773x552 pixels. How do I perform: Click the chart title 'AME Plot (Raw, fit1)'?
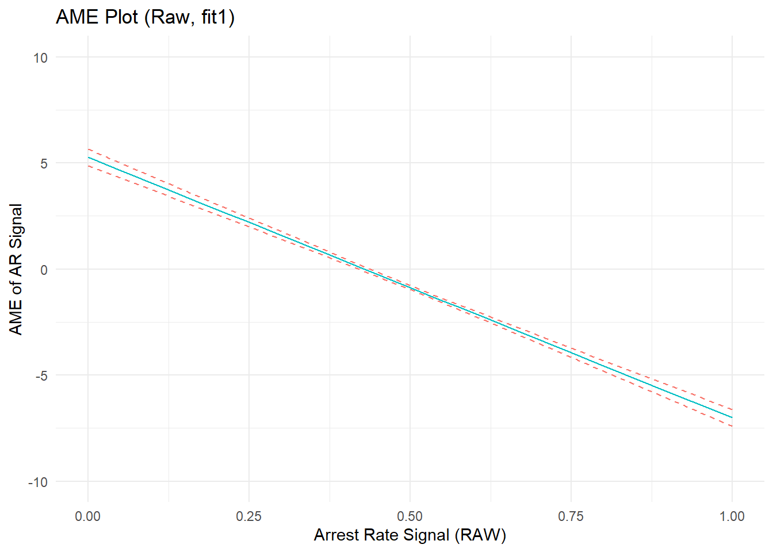pyautogui.click(x=145, y=17)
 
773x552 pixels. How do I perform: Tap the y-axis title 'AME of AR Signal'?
pyautogui.click(x=16, y=269)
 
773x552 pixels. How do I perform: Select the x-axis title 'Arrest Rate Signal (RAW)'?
pyautogui.click(x=410, y=535)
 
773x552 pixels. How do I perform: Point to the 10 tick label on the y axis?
pyautogui.click(x=40, y=57)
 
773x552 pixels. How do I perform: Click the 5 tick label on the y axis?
pyautogui.click(x=44, y=164)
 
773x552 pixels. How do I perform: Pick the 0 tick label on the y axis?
pyautogui.click(x=44, y=270)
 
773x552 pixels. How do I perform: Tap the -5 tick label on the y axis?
pyautogui.click(x=41, y=376)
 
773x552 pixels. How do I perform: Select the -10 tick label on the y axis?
pyautogui.click(x=38, y=482)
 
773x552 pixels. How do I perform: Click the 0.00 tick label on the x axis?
pyautogui.click(x=88, y=516)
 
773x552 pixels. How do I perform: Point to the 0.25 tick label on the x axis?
pyautogui.click(x=249, y=516)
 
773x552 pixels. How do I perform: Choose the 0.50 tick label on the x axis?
pyautogui.click(x=410, y=516)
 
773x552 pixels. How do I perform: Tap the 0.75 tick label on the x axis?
pyautogui.click(x=571, y=516)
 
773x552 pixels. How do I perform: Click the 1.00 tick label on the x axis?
pyautogui.click(x=732, y=516)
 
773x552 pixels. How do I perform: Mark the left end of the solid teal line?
pyautogui.click(x=89, y=158)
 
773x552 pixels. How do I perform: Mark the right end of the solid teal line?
pyautogui.click(x=732, y=417)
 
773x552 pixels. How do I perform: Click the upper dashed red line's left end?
pyautogui.click(x=89, y=149)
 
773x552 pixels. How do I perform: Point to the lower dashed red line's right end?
pyautogui.click(x=732, y=426)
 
